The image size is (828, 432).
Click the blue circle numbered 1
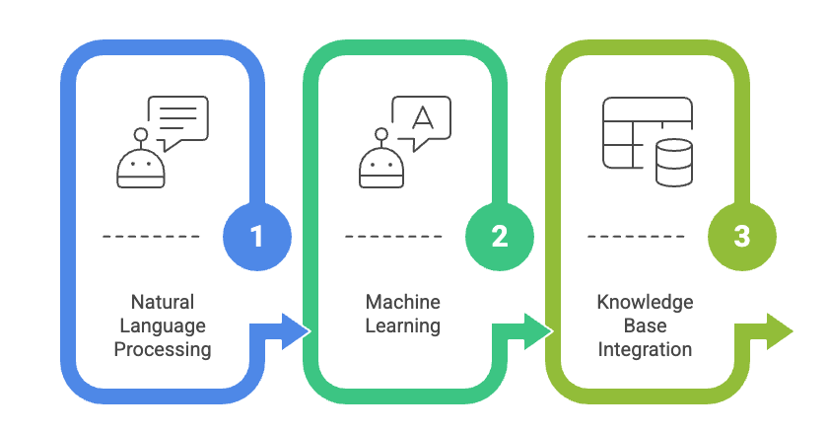click(x=257, y=237)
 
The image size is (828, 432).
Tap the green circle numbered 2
click(x=500, y=237)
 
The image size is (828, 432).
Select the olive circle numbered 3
click(x=742, y=237)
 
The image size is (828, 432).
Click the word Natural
click(x=163, y=302)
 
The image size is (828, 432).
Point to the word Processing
click(x=163, y=349)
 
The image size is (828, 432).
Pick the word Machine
click(x=403, y=302)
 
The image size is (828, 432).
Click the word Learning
click(x=403, y=325)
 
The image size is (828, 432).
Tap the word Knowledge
click(x=646, y=302)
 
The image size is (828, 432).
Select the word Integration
click(x=646, y=349)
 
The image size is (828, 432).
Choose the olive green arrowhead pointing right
click(x=778, y=332)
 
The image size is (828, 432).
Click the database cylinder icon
click(x=674, y=162)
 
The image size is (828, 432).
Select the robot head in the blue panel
click(x=141, y=164)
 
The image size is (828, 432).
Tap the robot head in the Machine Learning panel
click(x=383, y=164)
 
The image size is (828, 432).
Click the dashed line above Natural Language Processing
click(x=152, y=237)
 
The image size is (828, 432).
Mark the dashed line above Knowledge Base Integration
click(x=637, y=237)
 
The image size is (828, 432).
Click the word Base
click(x=646, y=325)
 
